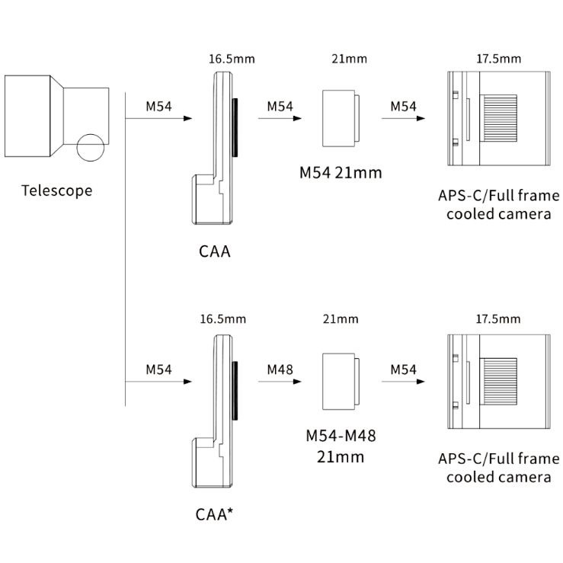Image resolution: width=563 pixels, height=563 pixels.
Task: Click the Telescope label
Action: point(56,190)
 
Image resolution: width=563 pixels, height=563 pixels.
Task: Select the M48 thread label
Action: point(280,369)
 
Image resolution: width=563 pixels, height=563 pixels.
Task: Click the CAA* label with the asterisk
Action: point(214,514)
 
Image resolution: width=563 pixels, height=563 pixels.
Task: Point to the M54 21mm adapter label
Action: point(341,173)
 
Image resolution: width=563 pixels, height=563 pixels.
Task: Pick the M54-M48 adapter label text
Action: point(341,446)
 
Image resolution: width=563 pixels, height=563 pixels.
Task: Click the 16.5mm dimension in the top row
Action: point(232,59)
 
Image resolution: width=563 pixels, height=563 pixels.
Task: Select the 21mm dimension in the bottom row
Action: point(341,319)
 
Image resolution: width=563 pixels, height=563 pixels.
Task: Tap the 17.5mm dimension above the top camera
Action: point(499,59)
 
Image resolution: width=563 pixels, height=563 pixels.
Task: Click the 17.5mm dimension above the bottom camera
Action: point(498,319)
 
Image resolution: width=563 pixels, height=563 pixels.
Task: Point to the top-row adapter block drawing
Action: point(341,119)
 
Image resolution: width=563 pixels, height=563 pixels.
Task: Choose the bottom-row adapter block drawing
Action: point(341,382)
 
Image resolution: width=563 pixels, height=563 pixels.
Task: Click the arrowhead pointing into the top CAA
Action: point(187,118)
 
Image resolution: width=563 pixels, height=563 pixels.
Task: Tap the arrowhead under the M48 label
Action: point(297,382)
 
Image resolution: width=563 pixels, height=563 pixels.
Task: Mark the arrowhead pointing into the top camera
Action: point(421,118)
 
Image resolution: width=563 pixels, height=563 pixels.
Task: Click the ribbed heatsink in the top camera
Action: point(500,118)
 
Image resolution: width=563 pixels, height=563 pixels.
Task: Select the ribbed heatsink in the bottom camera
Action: point(500,381)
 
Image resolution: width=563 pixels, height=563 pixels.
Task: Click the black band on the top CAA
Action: point(235,127)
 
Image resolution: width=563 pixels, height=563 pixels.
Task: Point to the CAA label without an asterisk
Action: point(214,251)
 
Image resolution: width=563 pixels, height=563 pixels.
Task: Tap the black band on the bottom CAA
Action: point(235,391)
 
